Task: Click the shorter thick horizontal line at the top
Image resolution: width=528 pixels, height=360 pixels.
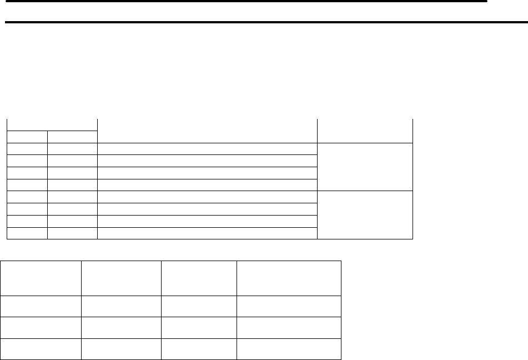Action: [x=244, y=2]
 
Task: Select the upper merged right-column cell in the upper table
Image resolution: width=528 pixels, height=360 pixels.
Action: [x=365, y=167]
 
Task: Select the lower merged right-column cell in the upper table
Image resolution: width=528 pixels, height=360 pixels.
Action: [x=365, y=214]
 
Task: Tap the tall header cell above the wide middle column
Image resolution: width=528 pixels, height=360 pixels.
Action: [x=207, y=131]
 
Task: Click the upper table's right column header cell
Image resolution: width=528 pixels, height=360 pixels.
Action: [x=365, y=131]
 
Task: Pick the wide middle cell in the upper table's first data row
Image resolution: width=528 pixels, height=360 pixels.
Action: [x=207, y=149]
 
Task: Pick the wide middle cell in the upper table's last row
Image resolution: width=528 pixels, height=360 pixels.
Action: [x=207, y=233]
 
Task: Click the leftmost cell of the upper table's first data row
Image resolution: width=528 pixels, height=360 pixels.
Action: [x=27, y=149]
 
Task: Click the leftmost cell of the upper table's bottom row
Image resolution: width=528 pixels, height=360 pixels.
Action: [x=27, y=233]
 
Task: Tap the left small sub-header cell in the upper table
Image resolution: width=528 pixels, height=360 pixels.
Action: [x=27, y=137]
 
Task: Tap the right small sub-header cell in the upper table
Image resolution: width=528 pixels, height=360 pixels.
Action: [x=72, y=137]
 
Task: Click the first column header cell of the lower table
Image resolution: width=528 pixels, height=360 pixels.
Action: [x=43, y=278]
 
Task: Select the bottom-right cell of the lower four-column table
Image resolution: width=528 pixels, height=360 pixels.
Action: [x=288, y=348]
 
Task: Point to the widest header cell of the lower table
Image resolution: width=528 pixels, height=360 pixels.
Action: [x=288, y=278]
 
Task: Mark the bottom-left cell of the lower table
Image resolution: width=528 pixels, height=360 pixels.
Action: [x=43, y=348]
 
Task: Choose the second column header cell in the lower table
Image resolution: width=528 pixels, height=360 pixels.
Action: [x=120, y=278]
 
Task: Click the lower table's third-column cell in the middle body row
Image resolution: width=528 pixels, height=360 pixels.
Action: [x=198, y=327]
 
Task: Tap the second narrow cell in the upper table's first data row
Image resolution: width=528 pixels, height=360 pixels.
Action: [x=72, y=149]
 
